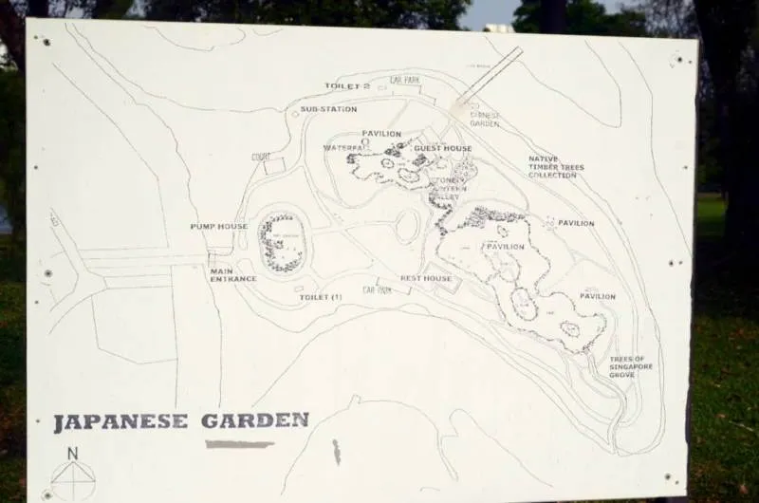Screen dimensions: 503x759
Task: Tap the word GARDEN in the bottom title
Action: [255, 419]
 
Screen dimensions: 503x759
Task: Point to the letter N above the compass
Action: [73, 453]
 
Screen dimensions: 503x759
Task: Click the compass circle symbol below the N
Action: [73, 480]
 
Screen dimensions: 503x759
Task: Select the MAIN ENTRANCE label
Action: [233, 274]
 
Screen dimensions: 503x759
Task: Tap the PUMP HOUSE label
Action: [218, 227]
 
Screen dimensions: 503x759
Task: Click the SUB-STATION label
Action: [328, 109]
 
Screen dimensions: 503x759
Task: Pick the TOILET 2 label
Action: [347, 86]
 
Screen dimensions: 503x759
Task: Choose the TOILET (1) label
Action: [321, 298]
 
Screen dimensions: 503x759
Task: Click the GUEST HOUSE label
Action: [442, 149]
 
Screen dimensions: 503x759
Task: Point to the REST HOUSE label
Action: [426, 279]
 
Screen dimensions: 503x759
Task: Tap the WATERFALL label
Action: [345, 148]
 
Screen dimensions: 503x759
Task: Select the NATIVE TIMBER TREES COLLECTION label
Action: [556, 167]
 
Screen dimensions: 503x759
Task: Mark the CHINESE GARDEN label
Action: [484, 120]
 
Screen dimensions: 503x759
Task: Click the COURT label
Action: [261, 157]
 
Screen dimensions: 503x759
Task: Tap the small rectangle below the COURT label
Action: [273, 167]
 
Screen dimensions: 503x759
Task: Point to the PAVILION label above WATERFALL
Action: [381, 134]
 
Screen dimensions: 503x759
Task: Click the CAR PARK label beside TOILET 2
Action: [405, 81]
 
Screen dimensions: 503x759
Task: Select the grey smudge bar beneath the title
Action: [239, 443]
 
